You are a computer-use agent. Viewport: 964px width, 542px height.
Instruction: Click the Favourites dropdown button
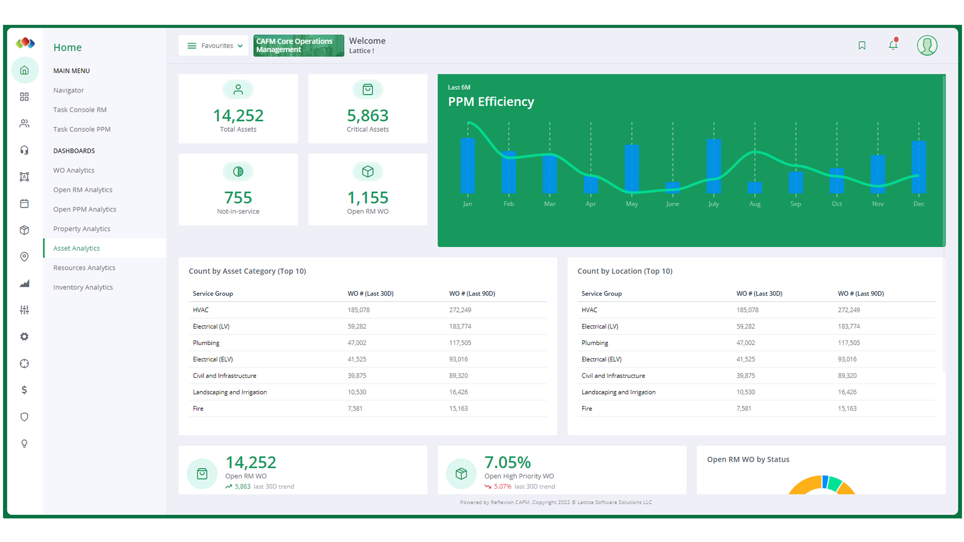[214, 46]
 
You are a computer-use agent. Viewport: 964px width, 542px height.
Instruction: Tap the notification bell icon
[893, 45]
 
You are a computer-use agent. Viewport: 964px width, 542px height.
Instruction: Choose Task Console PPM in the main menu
[82, 129]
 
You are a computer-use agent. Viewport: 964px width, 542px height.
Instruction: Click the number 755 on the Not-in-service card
[238, 197]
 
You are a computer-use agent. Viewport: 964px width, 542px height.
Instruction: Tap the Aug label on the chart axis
[754, 204]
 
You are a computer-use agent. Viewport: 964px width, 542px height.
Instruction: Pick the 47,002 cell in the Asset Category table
[357, 343]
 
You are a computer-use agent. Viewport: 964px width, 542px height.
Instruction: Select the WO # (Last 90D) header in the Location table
[860, 294]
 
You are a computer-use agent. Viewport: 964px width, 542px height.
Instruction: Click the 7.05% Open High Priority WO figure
[507, 462]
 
